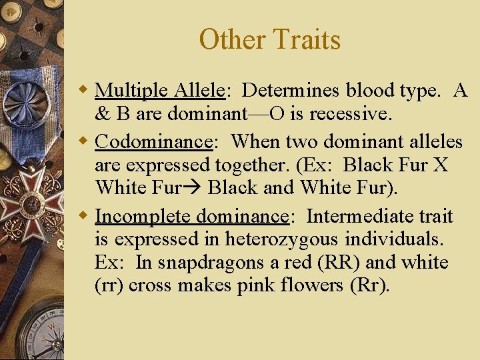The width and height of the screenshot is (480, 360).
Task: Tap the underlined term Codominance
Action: [153, 141]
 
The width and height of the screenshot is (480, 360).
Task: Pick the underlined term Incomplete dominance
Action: [192, 217]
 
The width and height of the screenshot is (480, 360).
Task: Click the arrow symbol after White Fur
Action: [194, 188]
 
